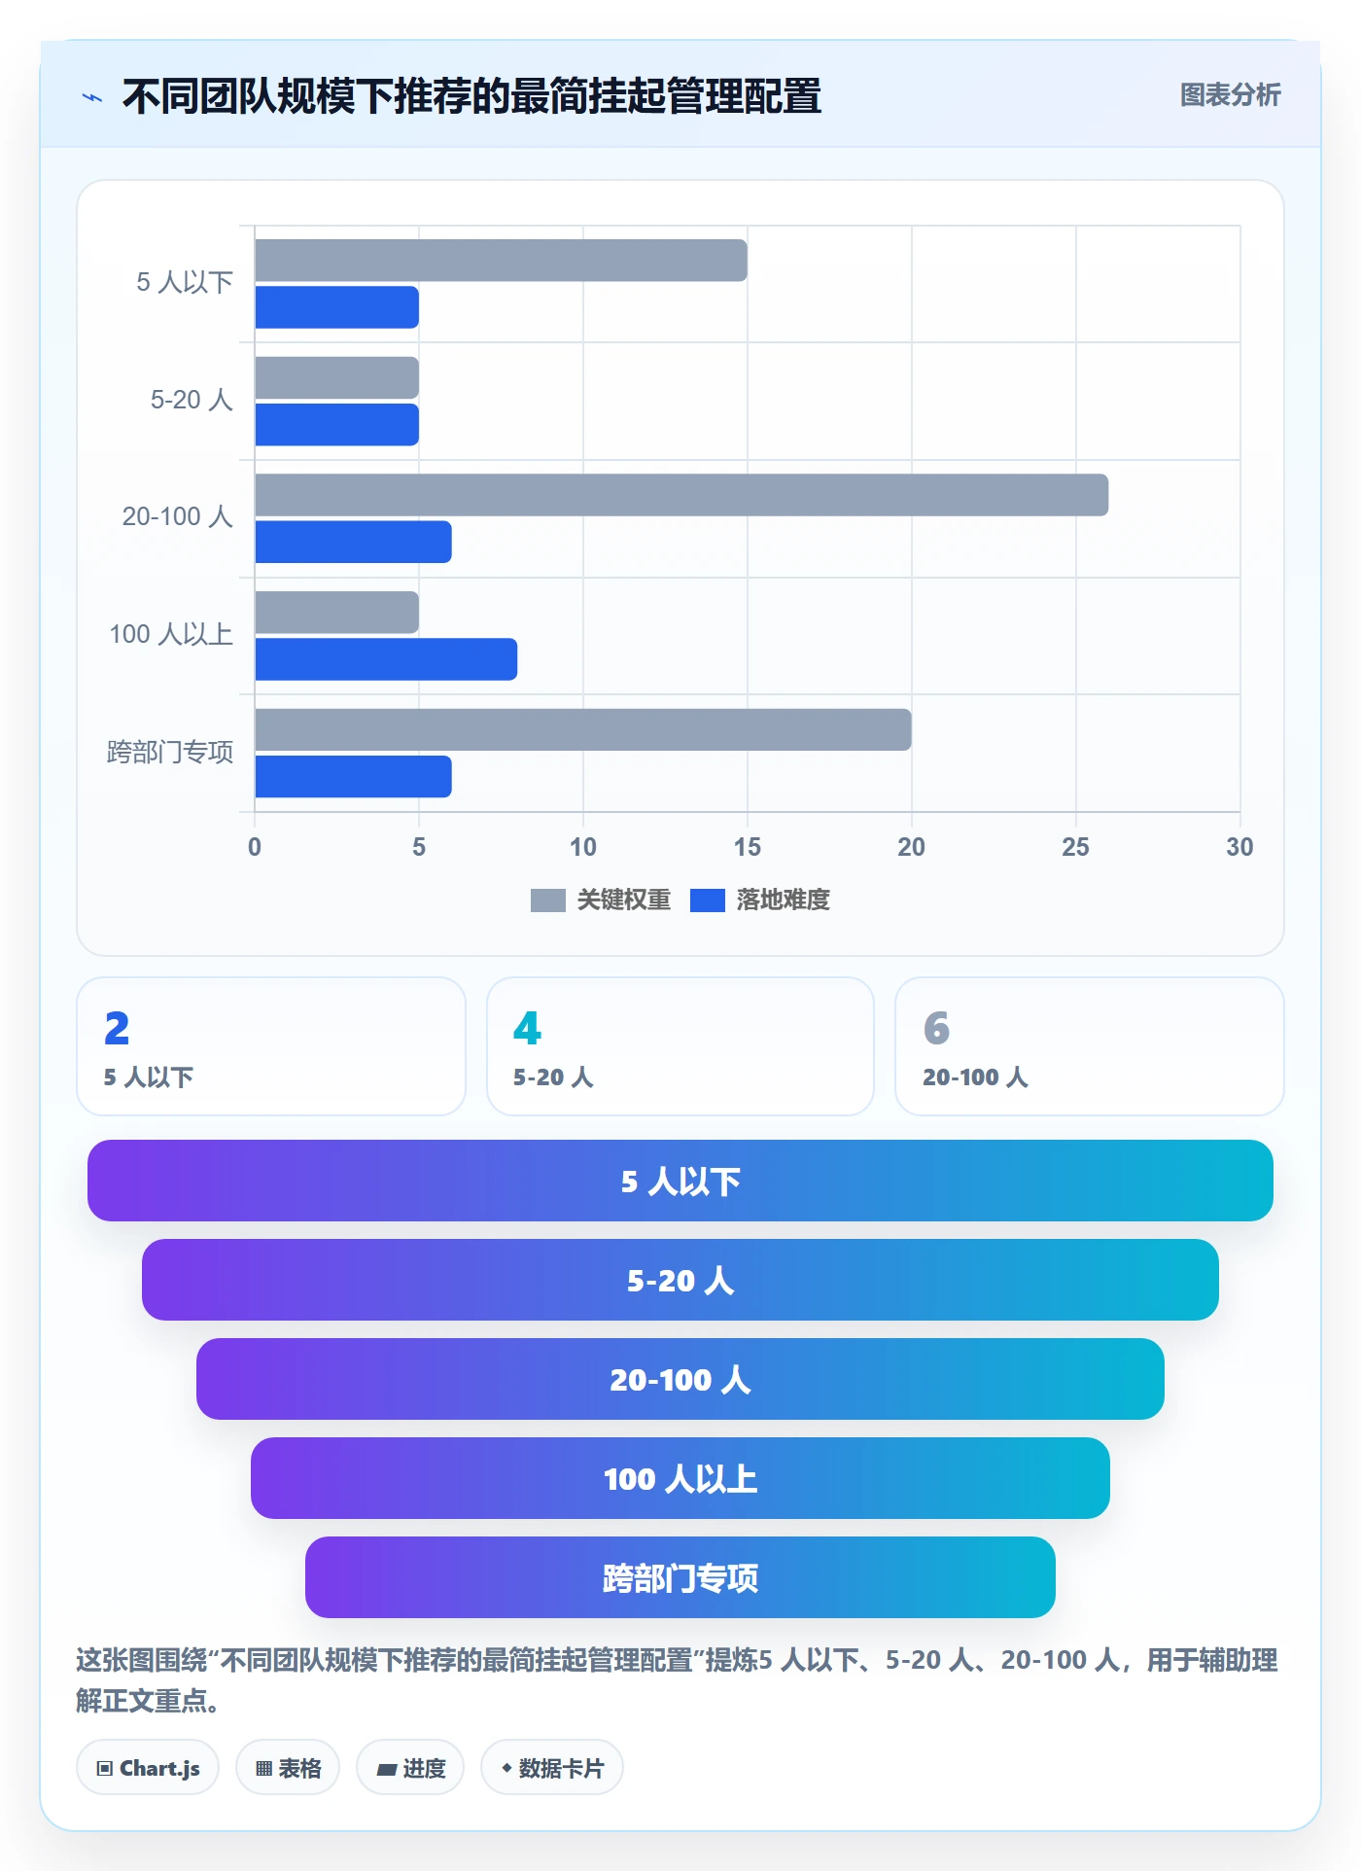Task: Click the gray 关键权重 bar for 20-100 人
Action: (681, 495)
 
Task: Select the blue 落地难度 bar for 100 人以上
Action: (386, 659)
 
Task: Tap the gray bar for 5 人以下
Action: (501, 261)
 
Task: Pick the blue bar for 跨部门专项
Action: (353, 777)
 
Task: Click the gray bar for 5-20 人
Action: (336, 377)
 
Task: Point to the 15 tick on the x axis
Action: (748, 847)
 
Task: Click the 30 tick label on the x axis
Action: (1239, 847)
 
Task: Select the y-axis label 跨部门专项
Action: (170, 753)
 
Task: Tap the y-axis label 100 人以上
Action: (171, 635)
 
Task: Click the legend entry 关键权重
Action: (601, 900)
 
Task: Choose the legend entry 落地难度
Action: (760, 900)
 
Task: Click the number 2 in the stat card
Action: (117, 1029)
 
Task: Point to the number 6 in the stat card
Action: (936, 1029)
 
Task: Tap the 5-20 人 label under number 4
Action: (553, 1077)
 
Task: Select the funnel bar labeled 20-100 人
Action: (680, 1379)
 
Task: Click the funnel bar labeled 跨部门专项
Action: (680, 1577)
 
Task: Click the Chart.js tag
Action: (148, 1768)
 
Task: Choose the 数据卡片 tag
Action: (552, 1768)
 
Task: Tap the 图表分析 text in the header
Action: (1231, 95)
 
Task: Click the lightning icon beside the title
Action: (92, 97)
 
